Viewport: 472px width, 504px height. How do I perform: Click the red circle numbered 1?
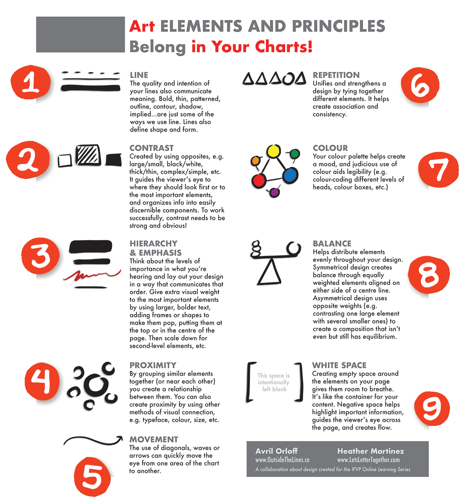click(31, 82)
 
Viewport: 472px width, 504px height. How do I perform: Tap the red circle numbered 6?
click(420, 85)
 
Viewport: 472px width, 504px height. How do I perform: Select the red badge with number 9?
click(432, 408)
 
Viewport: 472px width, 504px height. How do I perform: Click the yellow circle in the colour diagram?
click(273, 151)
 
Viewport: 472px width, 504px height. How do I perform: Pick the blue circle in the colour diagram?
click(290, 175)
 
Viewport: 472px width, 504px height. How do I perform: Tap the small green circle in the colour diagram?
click(295, 153)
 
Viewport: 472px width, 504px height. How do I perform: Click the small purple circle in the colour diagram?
click(274, 192)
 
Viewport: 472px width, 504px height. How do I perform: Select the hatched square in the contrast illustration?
click(88, 155)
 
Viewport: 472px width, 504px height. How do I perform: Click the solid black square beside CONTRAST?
click(113, 160)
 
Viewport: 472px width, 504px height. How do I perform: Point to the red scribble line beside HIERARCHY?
click(91, 275)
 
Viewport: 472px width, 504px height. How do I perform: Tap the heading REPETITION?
click(336, 75)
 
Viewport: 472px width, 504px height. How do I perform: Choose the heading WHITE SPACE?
click(339, 365)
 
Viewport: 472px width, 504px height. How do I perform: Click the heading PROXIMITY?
click(153, 365)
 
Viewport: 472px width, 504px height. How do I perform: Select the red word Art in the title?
click(142, 26)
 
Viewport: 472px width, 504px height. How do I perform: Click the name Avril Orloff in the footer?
click(276, 451)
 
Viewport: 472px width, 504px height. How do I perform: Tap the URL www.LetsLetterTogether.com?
click(368, 460)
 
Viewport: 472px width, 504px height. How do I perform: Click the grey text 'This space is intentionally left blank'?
click(273, 382)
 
